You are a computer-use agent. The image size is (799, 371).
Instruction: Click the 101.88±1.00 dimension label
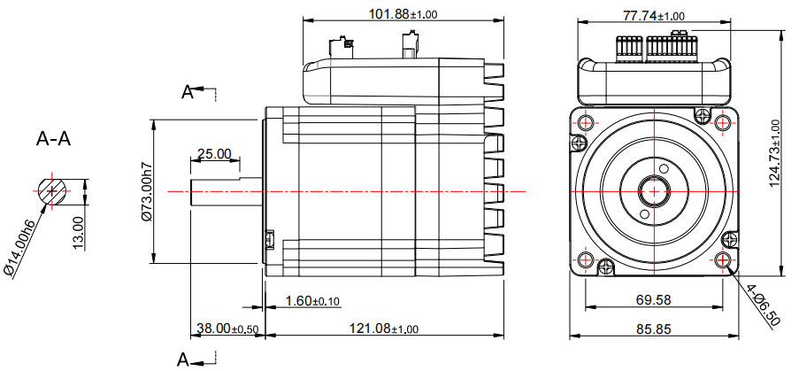click(403, 14)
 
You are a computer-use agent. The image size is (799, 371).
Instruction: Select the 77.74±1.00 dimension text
click(654, 16)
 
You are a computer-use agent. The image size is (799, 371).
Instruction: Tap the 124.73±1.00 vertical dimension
click(774, 153)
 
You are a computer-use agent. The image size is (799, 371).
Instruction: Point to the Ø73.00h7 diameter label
click(146, 191)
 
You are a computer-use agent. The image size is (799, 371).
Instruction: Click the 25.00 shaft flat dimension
click(214, 153)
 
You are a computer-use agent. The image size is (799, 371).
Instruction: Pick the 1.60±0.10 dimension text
click(312, 301)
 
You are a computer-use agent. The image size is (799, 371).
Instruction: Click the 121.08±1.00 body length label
click(384, 328)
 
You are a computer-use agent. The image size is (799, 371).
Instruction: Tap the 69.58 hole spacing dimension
click(654, 299)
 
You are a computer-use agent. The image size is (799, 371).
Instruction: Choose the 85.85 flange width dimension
click(654, 329)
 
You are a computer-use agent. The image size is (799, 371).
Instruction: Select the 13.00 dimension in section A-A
click(78, 234)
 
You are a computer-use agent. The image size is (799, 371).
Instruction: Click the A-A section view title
click(53, 138)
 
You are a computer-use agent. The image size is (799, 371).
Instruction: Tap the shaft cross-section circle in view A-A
click(51, 190)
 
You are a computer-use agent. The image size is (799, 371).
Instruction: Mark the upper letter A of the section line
click(188, 92)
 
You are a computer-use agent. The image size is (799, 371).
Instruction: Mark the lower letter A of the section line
click(183, 359)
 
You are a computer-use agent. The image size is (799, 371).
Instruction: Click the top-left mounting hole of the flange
click(585, 122)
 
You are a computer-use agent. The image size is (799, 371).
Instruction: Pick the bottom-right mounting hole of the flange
click(723, 260)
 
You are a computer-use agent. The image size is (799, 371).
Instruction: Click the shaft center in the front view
click(654, 191)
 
